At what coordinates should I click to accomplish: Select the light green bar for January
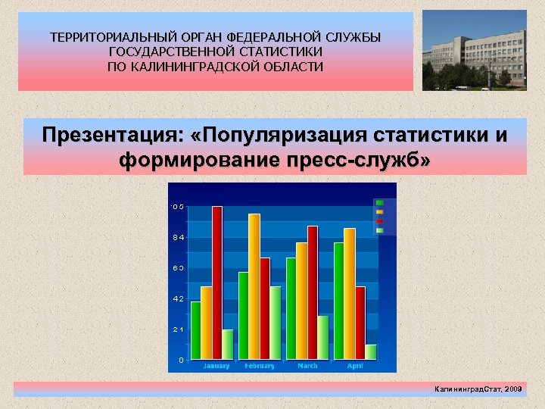coord(228,345)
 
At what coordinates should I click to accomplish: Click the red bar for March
coord(313,292)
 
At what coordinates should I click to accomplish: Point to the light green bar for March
coord(323,338)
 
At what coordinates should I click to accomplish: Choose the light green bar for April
coord(371,352)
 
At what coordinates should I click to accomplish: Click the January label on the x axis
coord(216,366)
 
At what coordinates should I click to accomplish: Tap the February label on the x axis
coord(260,366)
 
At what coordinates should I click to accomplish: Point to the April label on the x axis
coord(355,366)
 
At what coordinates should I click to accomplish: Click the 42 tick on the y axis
coord(178,299)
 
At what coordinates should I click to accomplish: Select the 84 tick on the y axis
coord(178,238)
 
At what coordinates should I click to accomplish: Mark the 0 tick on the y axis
coord(180,360)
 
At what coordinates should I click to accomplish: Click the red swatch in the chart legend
coord(379,221)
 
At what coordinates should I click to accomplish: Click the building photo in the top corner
coord(474,50)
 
